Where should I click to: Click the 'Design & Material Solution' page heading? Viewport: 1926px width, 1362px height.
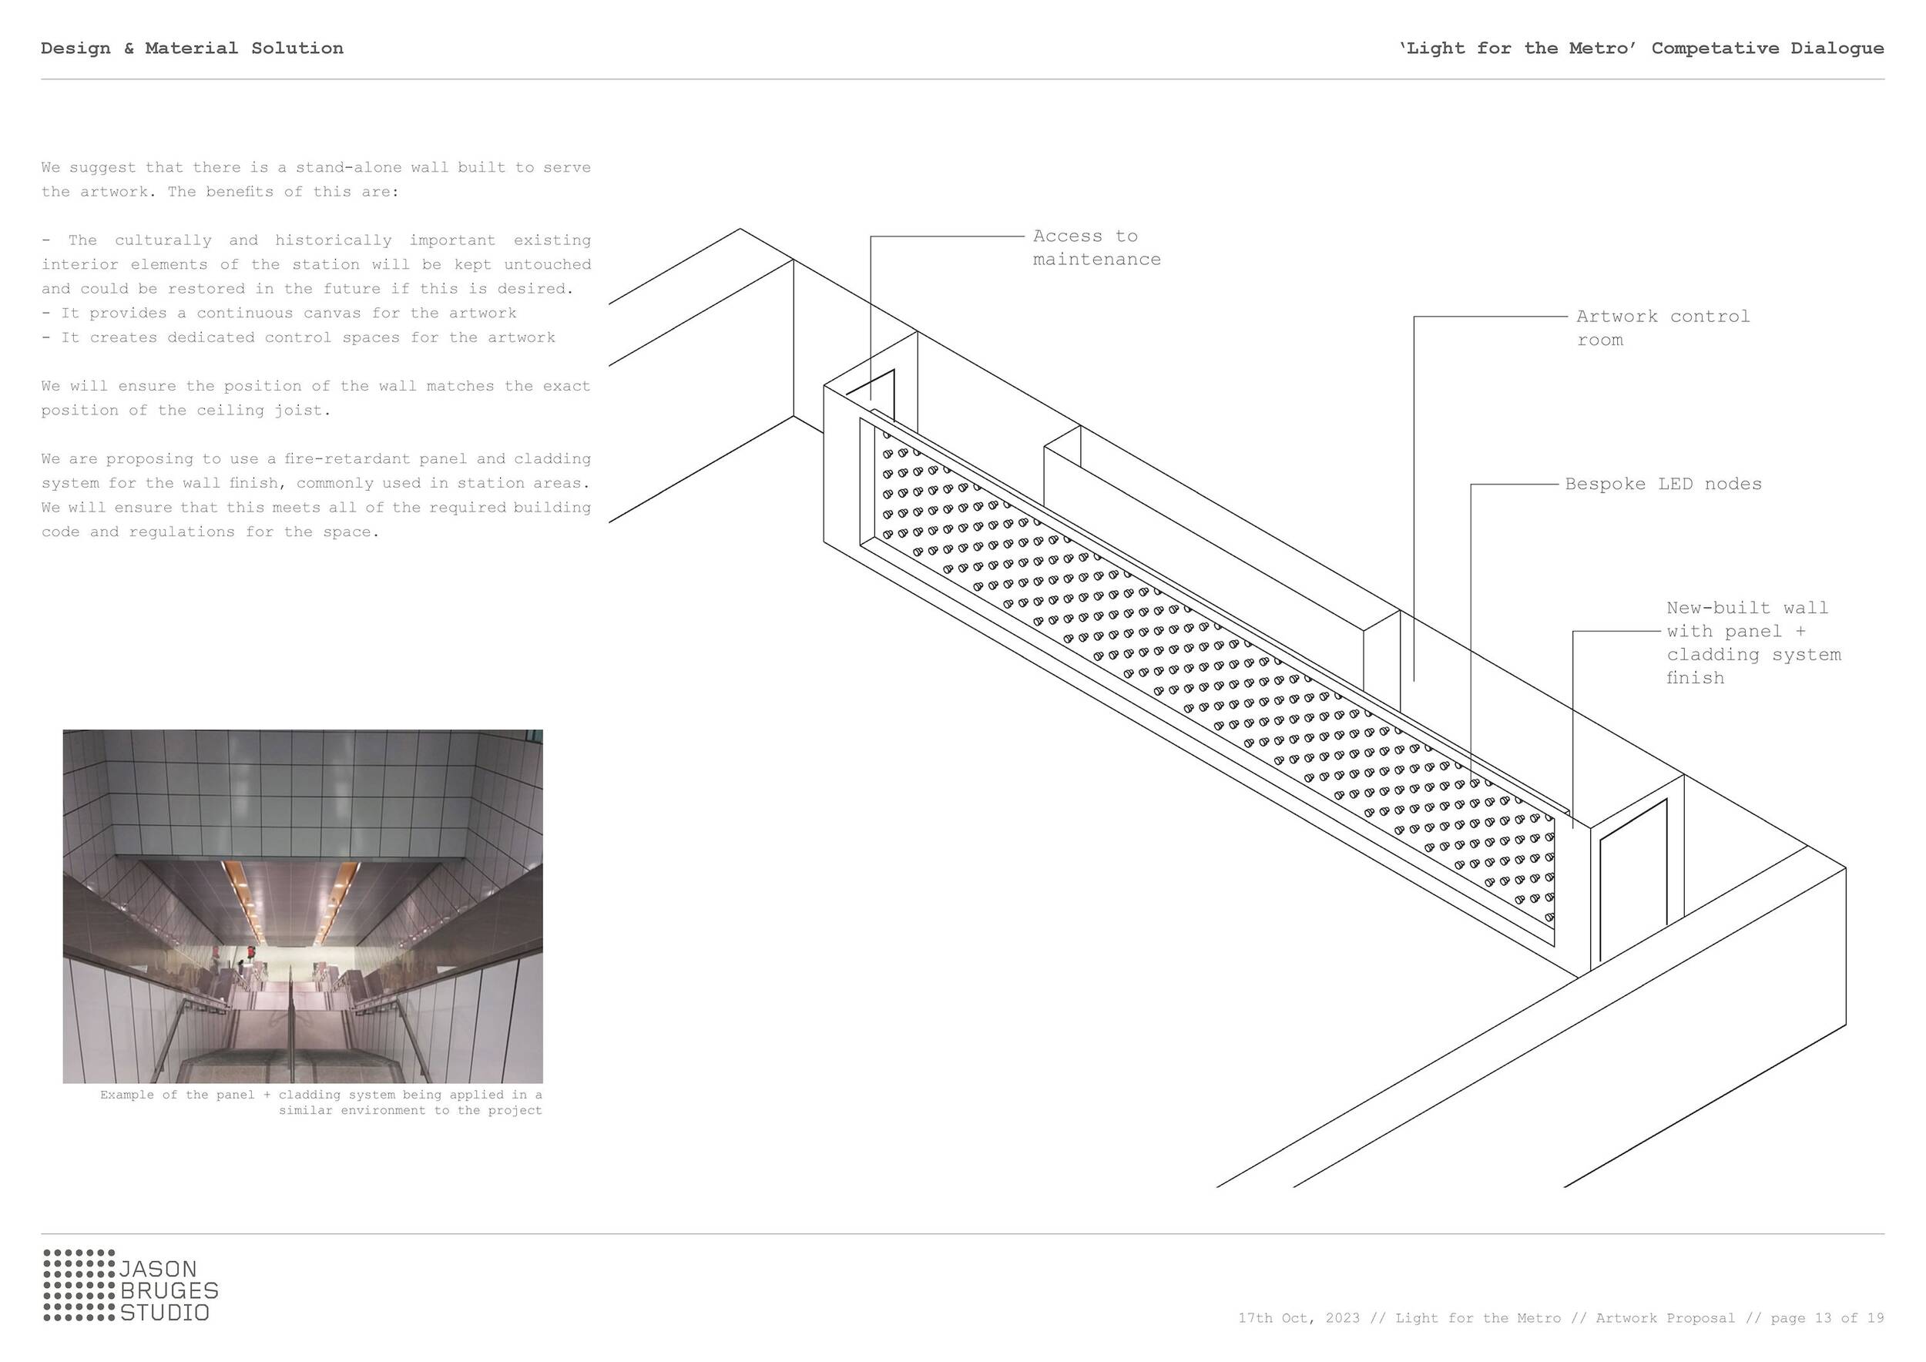pos(192,49)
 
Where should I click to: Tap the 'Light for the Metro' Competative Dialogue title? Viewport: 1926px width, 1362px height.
pos(1641,49)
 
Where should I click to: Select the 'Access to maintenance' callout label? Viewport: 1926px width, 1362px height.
pos(1096,248)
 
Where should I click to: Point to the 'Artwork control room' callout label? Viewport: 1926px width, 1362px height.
pos(1662,328)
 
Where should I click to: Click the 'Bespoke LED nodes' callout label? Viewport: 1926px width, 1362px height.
pos(1663,484)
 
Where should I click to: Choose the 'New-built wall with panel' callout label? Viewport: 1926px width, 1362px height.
pos(1753,642)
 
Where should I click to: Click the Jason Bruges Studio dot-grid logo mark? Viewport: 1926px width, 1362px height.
pos(79,1285)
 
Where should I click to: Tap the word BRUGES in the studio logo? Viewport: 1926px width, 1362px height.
pos(169,1290)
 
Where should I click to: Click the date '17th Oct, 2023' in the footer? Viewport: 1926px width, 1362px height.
pos(1299,1318)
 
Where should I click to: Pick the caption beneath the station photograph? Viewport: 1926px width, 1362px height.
pos(321,1103)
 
